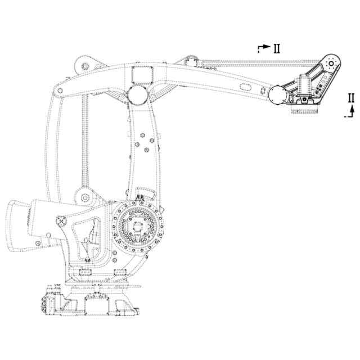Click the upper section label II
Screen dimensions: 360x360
click(277, 48)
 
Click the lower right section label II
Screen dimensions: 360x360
click(352, 97)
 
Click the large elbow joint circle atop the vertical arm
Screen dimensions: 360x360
click(137, 94)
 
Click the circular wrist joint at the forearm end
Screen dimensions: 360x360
click(277, 95)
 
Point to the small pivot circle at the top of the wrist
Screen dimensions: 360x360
click(331, 63)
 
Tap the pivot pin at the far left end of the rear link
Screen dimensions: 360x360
click(58, 91)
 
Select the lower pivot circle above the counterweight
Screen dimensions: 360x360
click(85, 197)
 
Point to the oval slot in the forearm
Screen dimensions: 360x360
click(245, 87)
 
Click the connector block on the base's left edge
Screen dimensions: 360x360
click(44, 304)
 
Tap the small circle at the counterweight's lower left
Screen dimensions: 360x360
click(38, 244)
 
